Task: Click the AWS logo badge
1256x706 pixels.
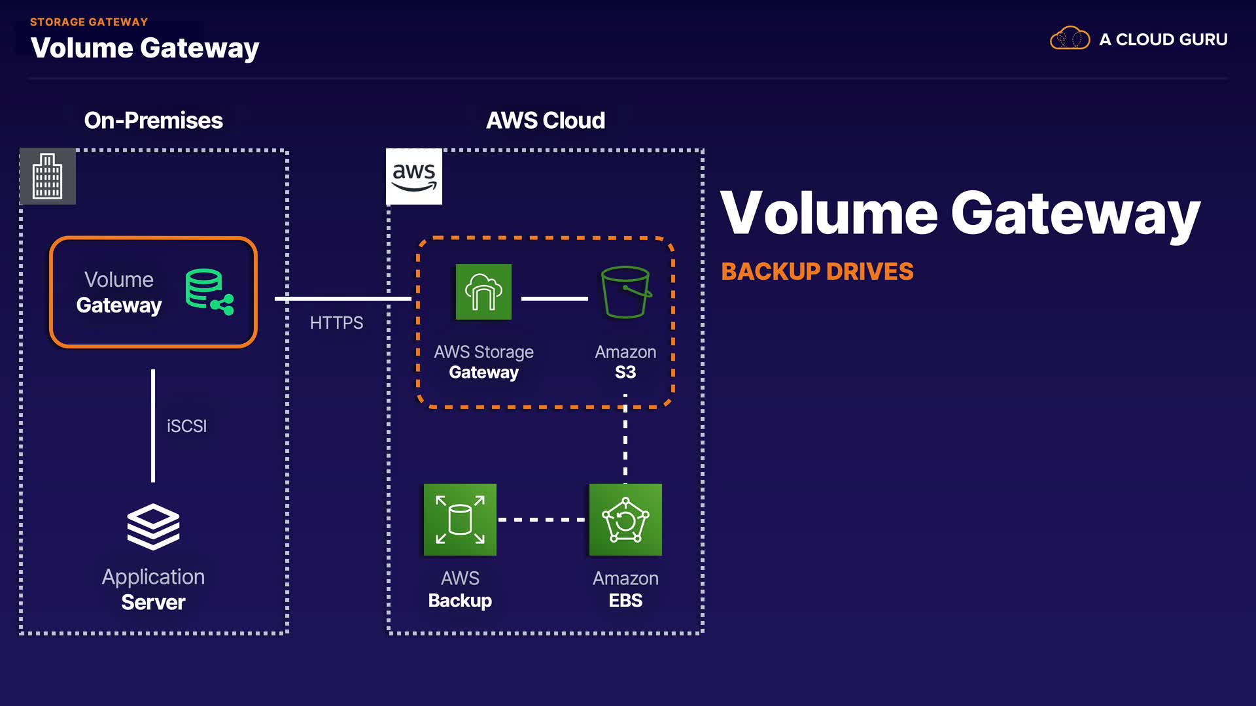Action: (414, 176)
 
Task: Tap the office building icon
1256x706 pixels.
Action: (48, 176)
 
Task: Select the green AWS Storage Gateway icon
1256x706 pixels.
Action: (483, 292)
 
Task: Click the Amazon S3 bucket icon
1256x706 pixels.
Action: (625, 292)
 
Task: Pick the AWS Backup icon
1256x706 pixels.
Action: (460, 520)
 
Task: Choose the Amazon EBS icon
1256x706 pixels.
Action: (625, 520)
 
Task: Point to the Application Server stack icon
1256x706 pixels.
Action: (153, 526)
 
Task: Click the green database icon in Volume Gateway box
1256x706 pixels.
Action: (209, 292)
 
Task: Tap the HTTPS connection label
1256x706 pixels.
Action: (336, 323)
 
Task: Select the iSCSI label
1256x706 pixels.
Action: (186, 426)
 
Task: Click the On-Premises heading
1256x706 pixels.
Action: (153, 120)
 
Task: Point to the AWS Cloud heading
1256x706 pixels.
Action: (545, 120)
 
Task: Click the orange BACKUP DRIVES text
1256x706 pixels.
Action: (817, 271)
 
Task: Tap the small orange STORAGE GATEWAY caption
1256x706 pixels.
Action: (89, 22)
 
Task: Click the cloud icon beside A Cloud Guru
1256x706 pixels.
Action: (1070, 39)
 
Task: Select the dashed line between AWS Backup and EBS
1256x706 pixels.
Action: (542, 520)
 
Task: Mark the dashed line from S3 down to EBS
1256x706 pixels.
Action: (625, 445)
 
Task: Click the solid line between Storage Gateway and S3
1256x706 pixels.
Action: (554, 299)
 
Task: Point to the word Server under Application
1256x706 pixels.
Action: (153, 602)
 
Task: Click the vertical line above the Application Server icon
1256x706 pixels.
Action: (153, 426)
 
